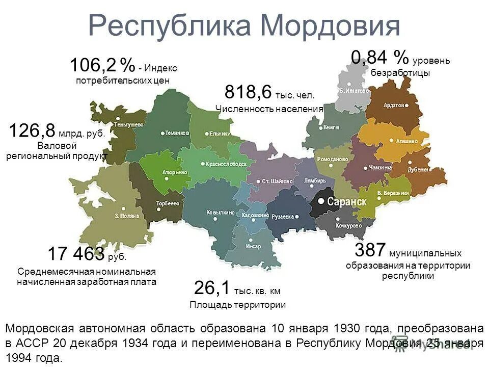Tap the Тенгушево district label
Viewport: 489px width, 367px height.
[x=128, y=124]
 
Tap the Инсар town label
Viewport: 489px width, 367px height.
[x=253, y=246]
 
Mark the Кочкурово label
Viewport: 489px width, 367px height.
[x=349, y=225]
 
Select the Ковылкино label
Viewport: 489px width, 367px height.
[x=221, y=212]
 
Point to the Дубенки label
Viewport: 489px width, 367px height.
[x=418, y=170]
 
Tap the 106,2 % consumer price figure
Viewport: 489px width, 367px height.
[x=102, y=65]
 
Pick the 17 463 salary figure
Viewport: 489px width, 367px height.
[x=76, y=253]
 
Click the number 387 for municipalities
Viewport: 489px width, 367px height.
[x=370, y=250]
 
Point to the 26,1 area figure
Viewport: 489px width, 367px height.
[x=212, y=288]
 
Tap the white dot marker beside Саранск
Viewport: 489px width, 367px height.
[x=321, y=201]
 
